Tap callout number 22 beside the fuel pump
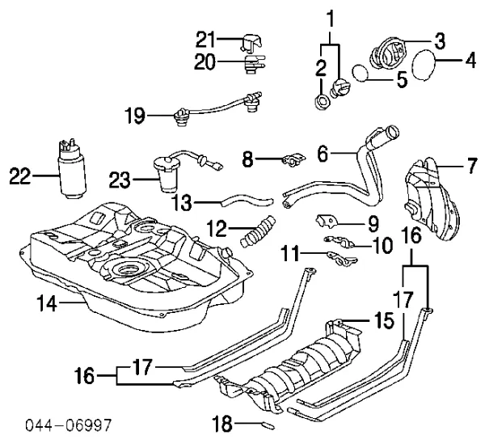point(22,172)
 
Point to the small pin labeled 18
point(268,421)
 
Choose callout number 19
point(136,116)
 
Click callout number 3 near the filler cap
point(439,39)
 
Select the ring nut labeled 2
point(322,102)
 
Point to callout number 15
point(384,321)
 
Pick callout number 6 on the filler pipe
point(323,150)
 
